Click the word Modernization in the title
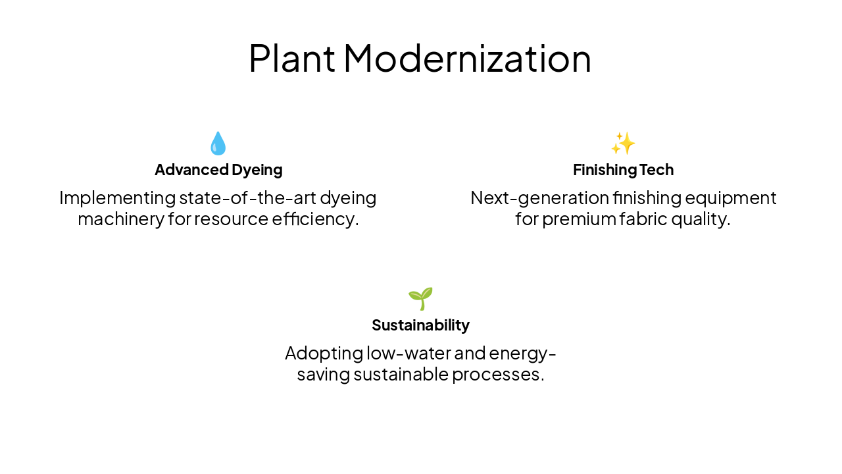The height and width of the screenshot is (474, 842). pos(467,58)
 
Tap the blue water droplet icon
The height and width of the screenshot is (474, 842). pos(218,144)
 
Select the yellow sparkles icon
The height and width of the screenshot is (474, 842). pos(623,143)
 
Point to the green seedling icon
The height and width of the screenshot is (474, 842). pos(420,299)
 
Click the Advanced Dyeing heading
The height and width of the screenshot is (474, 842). pos(218,170)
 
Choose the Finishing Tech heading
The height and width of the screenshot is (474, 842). pos(623,170)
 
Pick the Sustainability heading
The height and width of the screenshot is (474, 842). pos(420,325)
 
